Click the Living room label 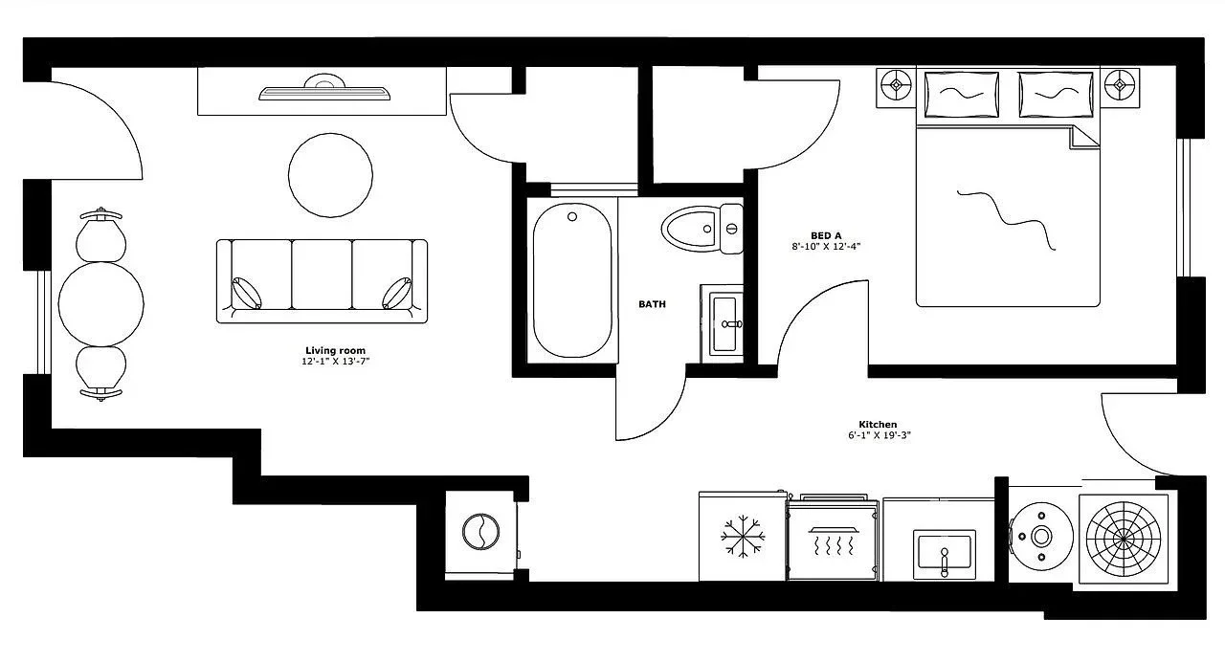coord(335,351)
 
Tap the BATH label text coord(652,304)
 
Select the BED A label coord(826,235)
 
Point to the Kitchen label coord(877,424)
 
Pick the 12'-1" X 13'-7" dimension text coord(335,362)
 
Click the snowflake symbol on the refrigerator coord(741,537)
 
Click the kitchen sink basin coord(944,552)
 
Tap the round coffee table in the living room coord(330,175)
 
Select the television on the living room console coord(324,91)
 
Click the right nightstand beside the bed coord(1118,87)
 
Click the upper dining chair coord(101,234)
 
